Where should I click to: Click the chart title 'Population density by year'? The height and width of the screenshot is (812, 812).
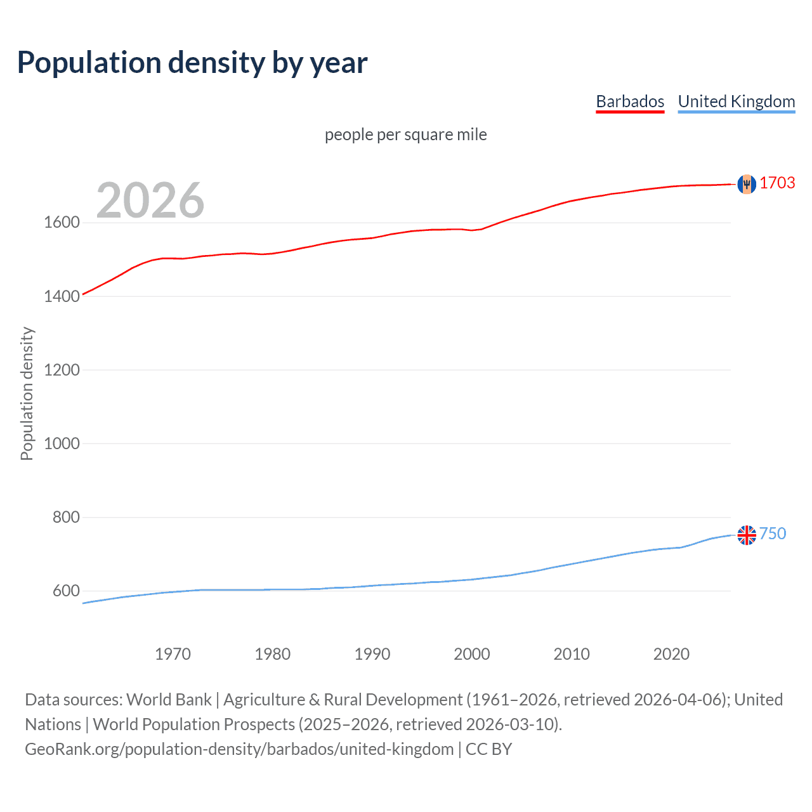[x=192, y=63]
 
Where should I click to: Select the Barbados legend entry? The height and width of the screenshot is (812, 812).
[x=630, y=101]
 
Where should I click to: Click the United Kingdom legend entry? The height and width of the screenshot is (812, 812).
[x=736, y=101]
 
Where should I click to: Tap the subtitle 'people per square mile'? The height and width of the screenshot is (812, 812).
[x=405, y=134]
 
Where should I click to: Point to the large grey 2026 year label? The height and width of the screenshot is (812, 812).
[x=150, y=200]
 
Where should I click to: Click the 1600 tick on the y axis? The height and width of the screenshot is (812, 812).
[x=62, y=223]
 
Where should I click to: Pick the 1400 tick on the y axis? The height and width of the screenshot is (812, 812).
[x=62, y=296]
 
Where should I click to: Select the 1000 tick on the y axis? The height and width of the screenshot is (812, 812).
[x=62, y=443]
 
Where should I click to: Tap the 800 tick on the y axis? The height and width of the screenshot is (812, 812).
[x=66, y=517]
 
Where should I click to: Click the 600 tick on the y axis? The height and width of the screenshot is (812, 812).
[x=66, y=591]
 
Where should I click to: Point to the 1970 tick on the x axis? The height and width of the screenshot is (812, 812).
[x=173, y=654]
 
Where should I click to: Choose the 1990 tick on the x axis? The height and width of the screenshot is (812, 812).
[x=372, y=654]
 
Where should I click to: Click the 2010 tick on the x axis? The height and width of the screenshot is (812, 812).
[x=572, y=654]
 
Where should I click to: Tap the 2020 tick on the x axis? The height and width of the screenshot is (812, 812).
[x=671, y=654]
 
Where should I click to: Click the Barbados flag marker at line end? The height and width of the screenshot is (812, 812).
[x=747, y=184]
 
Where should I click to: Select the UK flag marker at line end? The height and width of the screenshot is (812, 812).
[x=747, y=535]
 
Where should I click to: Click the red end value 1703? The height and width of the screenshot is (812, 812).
[x=777, y=183]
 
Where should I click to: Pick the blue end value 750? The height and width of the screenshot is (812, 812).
[x=773, y=534]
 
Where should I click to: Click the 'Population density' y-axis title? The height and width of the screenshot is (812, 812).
[x=27, y=393]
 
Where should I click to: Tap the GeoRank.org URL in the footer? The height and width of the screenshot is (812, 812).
[x=239, y=749]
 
